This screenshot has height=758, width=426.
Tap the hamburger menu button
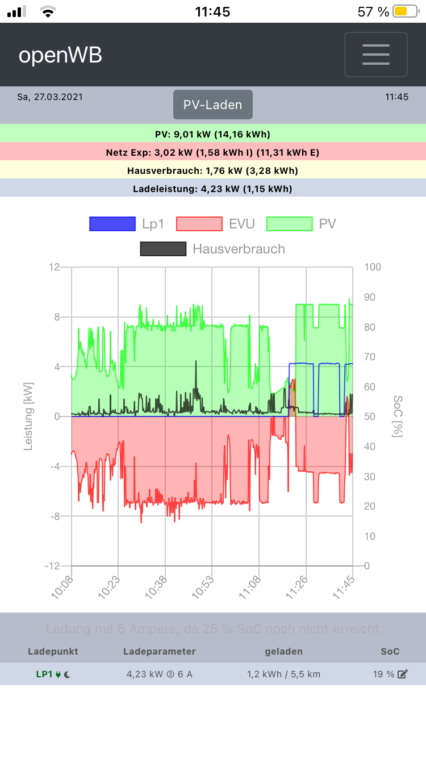point(375,55)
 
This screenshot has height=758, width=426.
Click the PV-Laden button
point(212,105)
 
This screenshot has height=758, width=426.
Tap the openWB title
point(60,55)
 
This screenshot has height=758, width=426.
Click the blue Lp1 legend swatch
point(112,224)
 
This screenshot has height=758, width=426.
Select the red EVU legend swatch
point(199,224)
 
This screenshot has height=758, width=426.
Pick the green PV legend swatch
point(289,224)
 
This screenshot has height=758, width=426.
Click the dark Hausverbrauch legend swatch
point(163,249)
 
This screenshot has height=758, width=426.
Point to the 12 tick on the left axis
point(55,267)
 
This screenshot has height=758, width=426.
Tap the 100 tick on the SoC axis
point(373,267)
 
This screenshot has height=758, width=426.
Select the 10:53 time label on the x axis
point(206,584)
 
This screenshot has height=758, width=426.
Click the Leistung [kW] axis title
point(28,417)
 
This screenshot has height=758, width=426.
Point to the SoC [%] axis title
point(398,417)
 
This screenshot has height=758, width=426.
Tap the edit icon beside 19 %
point(403,674)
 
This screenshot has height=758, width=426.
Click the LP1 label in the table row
point(44,674)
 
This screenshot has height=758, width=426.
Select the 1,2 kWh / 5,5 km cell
point(283,674)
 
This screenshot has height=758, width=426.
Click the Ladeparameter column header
point(159,651)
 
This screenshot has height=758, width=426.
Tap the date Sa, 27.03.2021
point(50,97)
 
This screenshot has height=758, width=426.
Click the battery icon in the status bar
point(405,11)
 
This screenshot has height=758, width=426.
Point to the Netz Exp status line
point(212,152)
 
